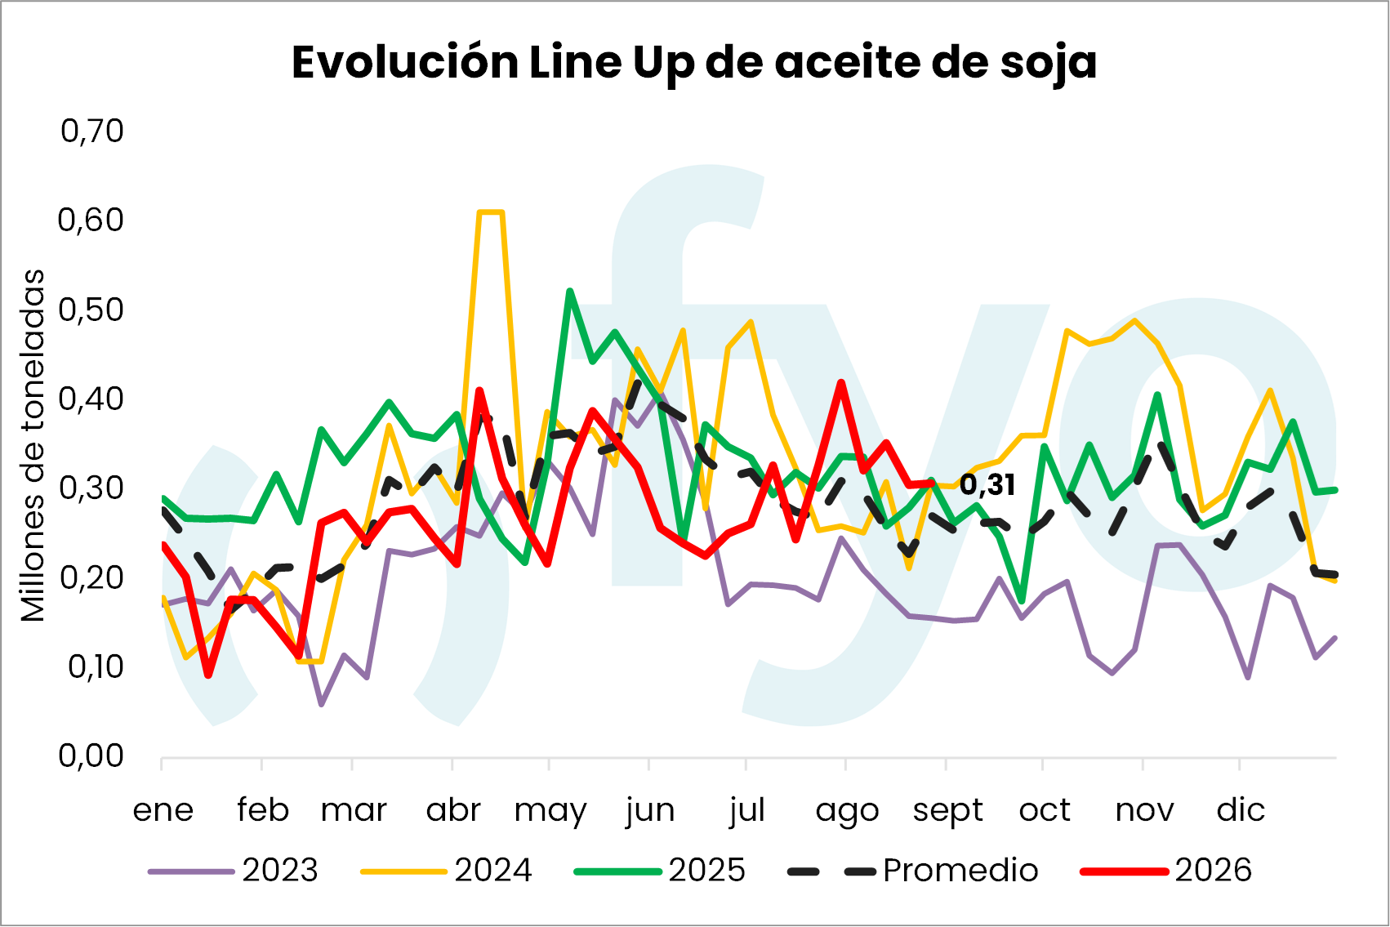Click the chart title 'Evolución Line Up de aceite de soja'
point(694,63)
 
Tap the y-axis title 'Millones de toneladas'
point(33,445)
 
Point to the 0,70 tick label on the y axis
point(91,131)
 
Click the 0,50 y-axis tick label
point(91,310)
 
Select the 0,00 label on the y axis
point(91,755)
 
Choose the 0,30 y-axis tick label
point(91,488)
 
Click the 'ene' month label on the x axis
point(163,809)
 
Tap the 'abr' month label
point(453,809)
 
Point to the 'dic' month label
point(1241,809)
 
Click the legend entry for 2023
point(234,871)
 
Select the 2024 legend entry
point(446,871)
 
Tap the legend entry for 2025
point(660,871)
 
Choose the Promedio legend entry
point(913,871)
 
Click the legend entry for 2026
point(1166,871)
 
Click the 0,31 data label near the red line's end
point(987,484)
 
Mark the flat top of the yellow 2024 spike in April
point(490,212)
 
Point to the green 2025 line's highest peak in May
point(570,291)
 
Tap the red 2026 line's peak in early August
point(841,382)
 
